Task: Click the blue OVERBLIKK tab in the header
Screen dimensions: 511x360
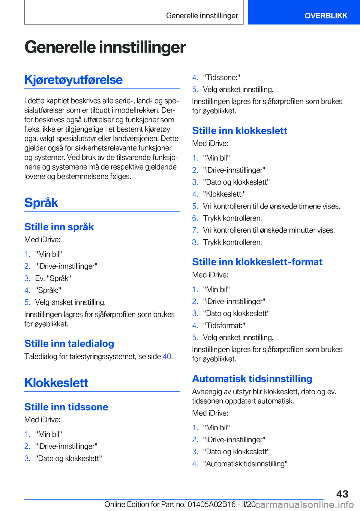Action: pyautogui.click(x=325, y=16)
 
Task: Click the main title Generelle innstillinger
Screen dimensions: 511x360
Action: pyautogui.click(x=105, y=47)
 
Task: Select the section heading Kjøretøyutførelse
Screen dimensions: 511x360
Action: pyautogui.click(x=73, y=80)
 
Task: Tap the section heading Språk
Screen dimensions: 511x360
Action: pyautogui.click(x=41, y=203)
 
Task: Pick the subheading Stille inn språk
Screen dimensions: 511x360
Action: pyautogui.click(x=59, y=227)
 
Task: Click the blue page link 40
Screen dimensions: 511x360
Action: pyautogui.click(x=167, y=356)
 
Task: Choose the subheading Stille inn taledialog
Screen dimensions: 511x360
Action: pyautogui.click(x=69, y=344)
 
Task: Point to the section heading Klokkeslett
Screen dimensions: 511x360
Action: pyautogui.click(x=56, y=383)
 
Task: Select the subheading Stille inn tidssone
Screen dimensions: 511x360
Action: pyautogui.click(x=66, y=407)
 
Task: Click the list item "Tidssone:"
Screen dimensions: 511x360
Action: pyautogui.click(x=221, y=78)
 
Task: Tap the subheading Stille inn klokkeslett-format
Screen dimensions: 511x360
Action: pyautogui.click(x=257, y=262)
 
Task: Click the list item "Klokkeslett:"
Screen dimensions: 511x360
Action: pyautogui.click(x=224, y=194)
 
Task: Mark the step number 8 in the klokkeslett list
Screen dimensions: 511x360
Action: pyautogui.click(x=195, y=242)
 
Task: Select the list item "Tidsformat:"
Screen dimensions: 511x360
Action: pyautogui.click(x=224, y=326)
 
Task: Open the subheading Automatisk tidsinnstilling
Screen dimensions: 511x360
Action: pyautogui.click(x=252, y=379)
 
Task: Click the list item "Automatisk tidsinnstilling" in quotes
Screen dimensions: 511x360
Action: pyautogui.click(x=245, y=464)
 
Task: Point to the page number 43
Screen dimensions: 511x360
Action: pyautogui.click(x=342, y=494)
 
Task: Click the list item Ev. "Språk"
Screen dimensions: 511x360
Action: pyautogui.click(x=53, y=278)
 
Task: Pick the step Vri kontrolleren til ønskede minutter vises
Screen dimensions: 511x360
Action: pyautogui.click(x=269, y=230)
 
